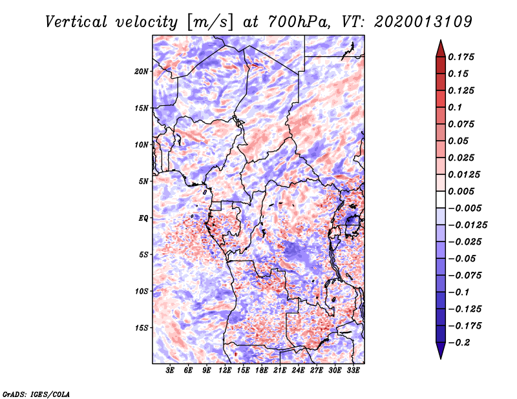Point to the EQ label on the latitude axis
(144, 218)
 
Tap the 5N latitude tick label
(143, 181)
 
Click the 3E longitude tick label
(171, 371)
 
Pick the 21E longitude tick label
(280, 371)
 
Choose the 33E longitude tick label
(353, 371)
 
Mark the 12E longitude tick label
(226, 371)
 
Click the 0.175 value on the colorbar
(463, 57)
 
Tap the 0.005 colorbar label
(463, 191)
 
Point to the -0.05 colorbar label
(465, 258)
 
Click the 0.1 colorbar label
(456, 107)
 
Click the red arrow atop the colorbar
(440, 48)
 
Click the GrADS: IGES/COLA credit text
(36, 393)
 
